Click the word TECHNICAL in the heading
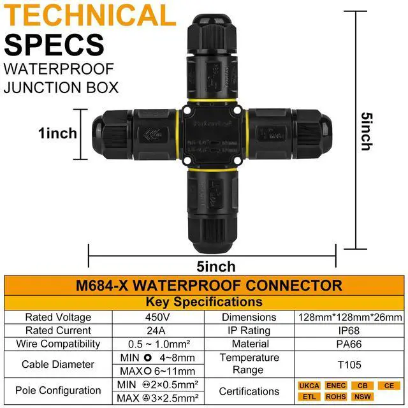point(90,16)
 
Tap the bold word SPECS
point(54,44)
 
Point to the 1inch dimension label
point(58,134)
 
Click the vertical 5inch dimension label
point(366,131)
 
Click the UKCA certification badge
point(310,386)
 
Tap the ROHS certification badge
point(335,396)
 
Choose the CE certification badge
point(387,386)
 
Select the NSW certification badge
point(361,396)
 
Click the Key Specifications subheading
point(203,302)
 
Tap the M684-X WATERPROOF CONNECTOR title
point(203,285)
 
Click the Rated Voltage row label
point(58,317)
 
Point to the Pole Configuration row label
point(58,390)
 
